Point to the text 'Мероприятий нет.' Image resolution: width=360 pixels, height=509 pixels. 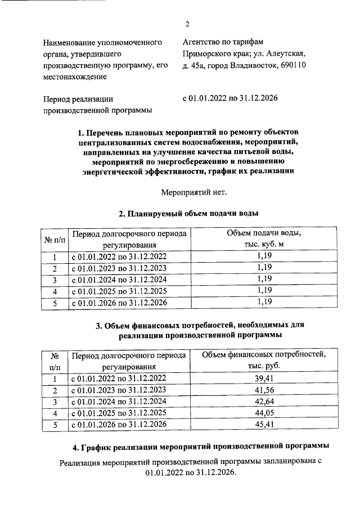(186, 192)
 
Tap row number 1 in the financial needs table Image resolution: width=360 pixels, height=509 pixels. (55, 378)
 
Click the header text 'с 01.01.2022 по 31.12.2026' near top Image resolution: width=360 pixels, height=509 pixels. (230, 98)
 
